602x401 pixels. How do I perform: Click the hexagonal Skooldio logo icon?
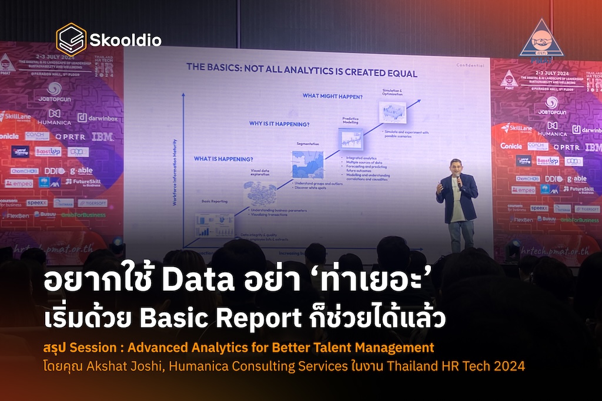[71, 39]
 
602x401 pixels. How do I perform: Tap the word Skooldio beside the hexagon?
[125, 41]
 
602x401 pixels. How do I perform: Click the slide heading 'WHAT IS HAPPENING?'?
[224, 159]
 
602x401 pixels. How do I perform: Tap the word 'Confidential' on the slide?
[470, 65]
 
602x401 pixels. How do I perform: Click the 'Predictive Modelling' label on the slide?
[350, 122]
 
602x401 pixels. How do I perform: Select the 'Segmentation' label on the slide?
[308, 144]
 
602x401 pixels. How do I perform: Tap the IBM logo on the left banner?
[102, 137]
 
